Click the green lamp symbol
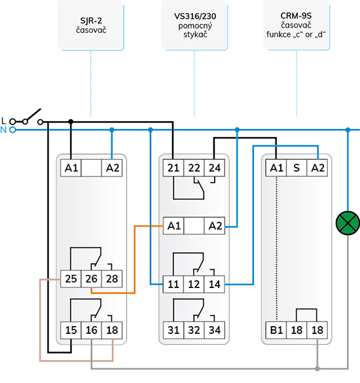pos(348,223)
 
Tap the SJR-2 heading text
pos(91,21)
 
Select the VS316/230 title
pos(195,16)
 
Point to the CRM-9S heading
pos(296,16)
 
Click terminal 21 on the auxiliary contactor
pos(173,168)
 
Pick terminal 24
pos(215,168)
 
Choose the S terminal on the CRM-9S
pos(297,168)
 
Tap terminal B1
pos(276,330)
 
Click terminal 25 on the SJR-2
pos(71,279)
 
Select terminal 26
pos(92,279)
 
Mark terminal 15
pos(71,330)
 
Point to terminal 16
pos(92,330)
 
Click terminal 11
pos(173,284)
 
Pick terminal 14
pos(215,284)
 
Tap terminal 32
pos(194,330)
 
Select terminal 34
pos(215,330)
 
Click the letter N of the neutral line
pos(3,130)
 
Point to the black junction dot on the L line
pos(71,121)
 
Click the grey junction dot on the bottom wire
pos(317,369)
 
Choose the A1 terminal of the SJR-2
pos(71,168)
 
